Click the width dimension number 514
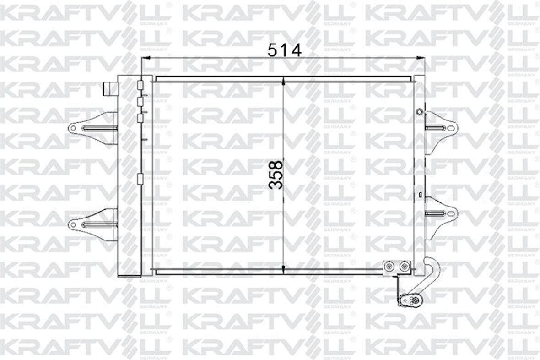click(285, 49)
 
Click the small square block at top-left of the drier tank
click(110, 88)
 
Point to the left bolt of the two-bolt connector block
click(389, 266)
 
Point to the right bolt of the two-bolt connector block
click(404, 266)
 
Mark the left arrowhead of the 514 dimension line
click(146, 58)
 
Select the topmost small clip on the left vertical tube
click(140, 85)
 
